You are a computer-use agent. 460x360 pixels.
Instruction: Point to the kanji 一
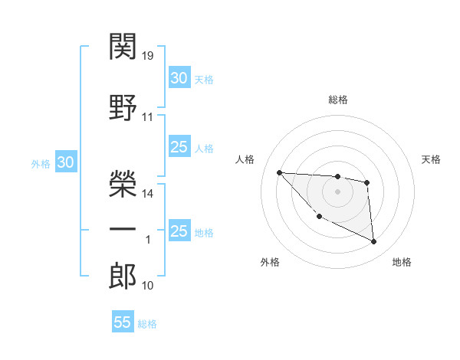click(123, 230)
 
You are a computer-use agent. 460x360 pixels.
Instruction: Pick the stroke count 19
click(148, 56)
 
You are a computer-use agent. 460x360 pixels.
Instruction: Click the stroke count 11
click(148, 117)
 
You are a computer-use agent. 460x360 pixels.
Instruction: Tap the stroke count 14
click(148, 194)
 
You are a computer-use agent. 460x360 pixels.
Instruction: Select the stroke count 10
click(148, 286)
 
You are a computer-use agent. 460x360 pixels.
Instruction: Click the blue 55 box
click(123, 322)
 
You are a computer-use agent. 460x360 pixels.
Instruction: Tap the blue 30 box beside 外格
click(65, 162)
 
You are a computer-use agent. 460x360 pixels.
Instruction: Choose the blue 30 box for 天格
click(179, 78)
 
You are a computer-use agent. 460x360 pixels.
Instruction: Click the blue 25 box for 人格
click(179, 147)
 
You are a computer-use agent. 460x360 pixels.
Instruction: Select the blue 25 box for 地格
click(179, 231)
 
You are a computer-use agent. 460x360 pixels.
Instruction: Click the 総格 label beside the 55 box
click(147, 324)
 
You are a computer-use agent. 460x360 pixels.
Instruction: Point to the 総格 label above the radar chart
click(337, 100)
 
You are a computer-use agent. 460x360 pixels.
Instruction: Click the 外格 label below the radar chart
click(270, 263)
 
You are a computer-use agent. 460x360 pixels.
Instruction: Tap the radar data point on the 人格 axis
click(279, 172)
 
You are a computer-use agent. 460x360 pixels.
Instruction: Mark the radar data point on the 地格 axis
click(374, 242)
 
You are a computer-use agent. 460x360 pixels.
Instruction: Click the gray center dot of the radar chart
click(337, 191)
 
